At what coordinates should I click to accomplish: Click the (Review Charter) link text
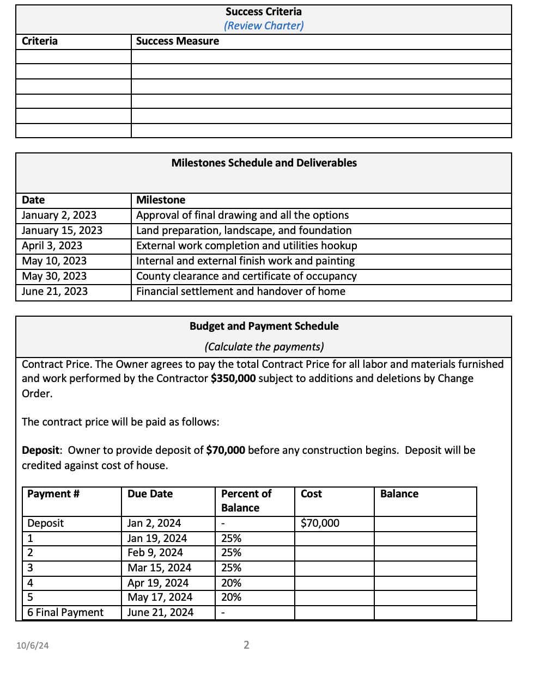point(264,26)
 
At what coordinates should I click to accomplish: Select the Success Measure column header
point(177,41)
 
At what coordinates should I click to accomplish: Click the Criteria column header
point(39,41)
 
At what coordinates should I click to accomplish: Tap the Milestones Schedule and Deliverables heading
point(264,163)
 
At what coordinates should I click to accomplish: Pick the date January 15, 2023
point(62,231)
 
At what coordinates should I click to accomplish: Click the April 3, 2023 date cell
point(52,246)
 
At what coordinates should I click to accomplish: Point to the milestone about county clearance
point(246,276)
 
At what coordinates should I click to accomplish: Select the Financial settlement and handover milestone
point(240,292)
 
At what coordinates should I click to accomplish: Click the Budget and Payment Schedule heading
point(264,326)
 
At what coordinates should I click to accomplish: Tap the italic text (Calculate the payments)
point(264,347)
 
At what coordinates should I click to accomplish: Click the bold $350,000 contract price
point(233,378)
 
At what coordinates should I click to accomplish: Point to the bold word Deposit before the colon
point(40,450)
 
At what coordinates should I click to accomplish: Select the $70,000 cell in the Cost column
point(320,523)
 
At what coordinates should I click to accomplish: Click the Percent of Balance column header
point(246,501)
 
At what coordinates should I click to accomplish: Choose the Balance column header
point(399,494)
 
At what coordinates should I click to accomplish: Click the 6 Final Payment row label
point(65,613)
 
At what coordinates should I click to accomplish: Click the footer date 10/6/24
point(32,646)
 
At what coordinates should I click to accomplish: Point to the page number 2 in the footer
point(246,645)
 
